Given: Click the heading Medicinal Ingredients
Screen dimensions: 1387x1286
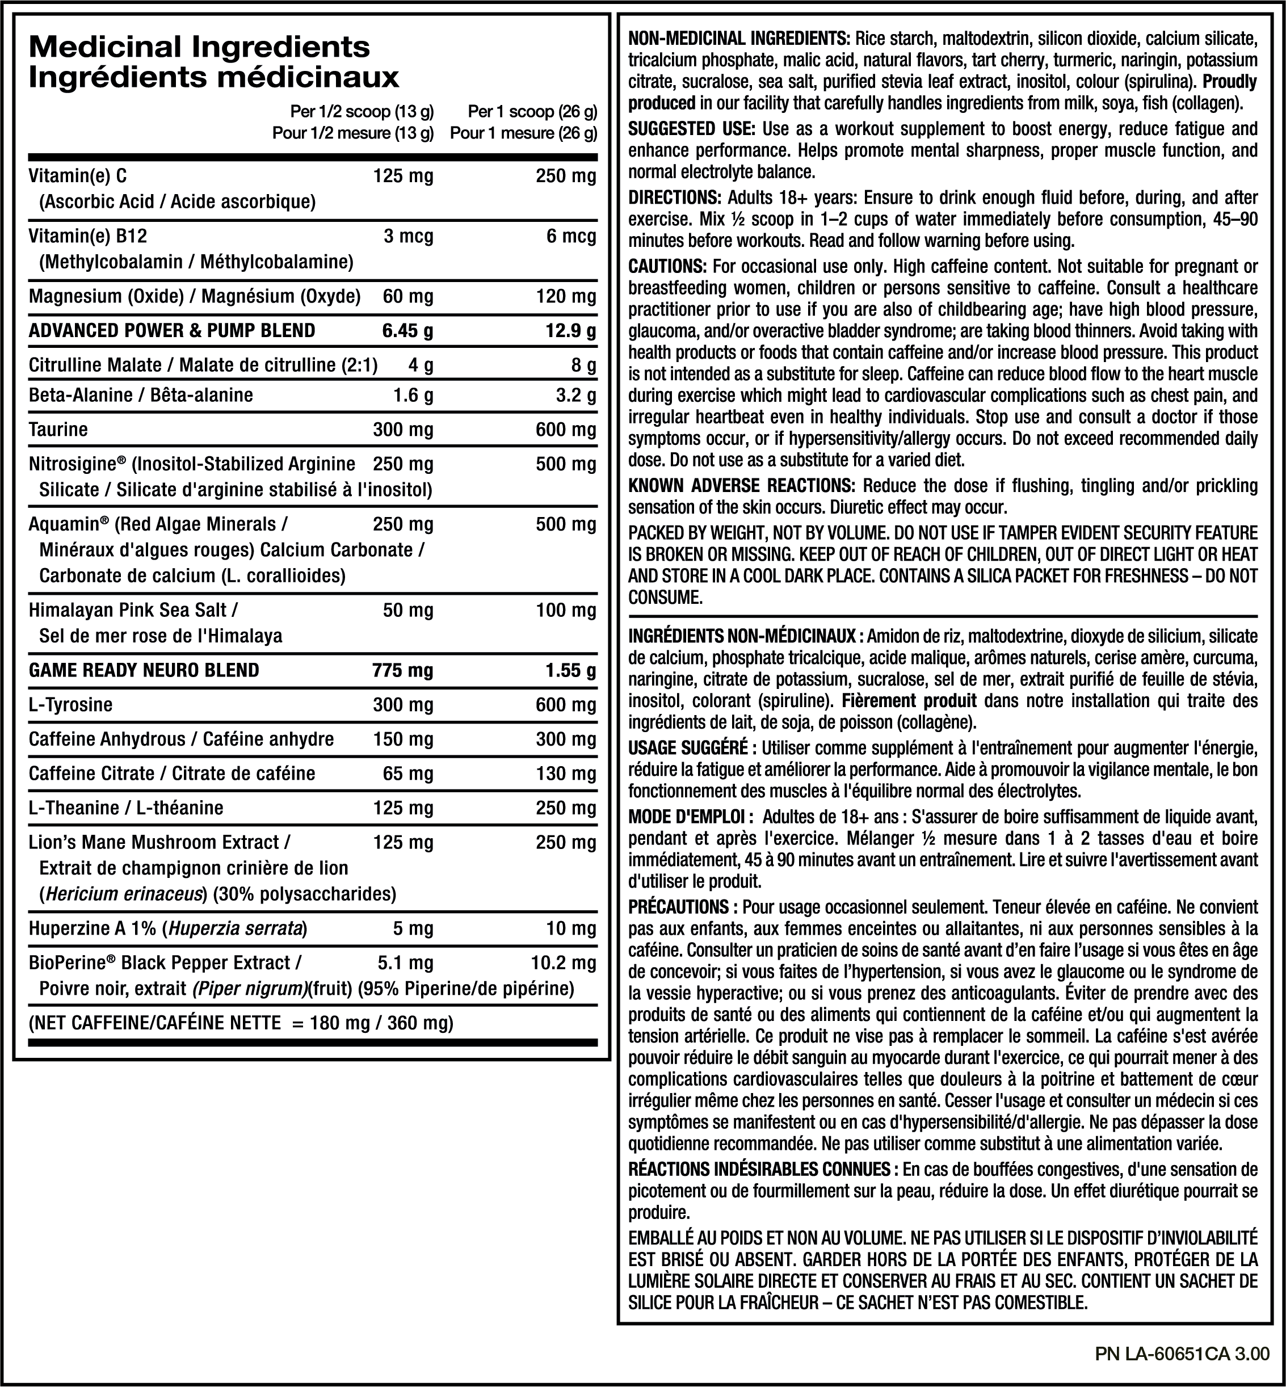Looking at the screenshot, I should pos(199,47).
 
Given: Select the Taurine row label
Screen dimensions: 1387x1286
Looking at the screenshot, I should pos(58,430).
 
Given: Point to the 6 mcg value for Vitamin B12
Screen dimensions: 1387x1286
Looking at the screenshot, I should pos(570,236).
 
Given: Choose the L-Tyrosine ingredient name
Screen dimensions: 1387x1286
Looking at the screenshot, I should pos(70,704).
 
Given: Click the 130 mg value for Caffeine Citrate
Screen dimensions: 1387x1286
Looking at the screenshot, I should pos(566,773).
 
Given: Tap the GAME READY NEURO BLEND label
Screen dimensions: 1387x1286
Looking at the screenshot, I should pos(144,670).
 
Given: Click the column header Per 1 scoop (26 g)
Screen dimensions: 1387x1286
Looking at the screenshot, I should pos(532,111).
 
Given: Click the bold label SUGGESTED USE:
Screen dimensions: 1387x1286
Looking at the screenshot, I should pos(691,129).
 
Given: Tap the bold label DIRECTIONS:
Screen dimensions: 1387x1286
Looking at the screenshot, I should pos(674,197).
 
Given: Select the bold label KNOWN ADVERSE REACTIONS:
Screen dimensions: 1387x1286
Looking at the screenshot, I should pos(741,485).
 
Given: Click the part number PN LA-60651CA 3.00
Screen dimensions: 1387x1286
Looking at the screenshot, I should pos(1182,1354).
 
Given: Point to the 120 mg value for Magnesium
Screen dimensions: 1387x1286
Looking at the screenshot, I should pos(566,296).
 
